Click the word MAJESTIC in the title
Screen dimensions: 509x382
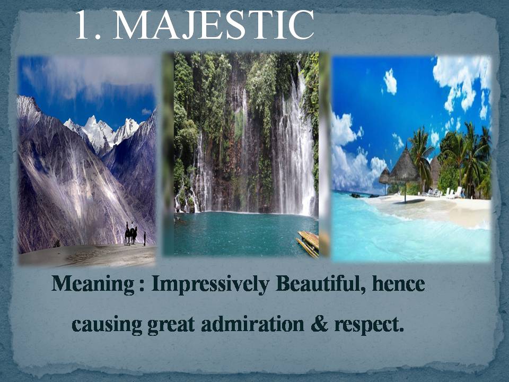[x=213, y=25]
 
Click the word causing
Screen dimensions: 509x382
[x=107, y=325]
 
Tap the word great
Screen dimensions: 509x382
[x=171, y=325]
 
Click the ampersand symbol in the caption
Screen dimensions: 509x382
[x=320, y=324]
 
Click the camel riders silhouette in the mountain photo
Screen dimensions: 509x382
[x=130, y=233]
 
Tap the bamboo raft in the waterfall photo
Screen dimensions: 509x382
[x=308, y=244]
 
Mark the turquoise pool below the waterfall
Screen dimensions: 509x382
[x=245, y=232]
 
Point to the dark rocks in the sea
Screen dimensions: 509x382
[x=357, y=196]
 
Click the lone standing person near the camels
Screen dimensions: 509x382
[x=144, y=239]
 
